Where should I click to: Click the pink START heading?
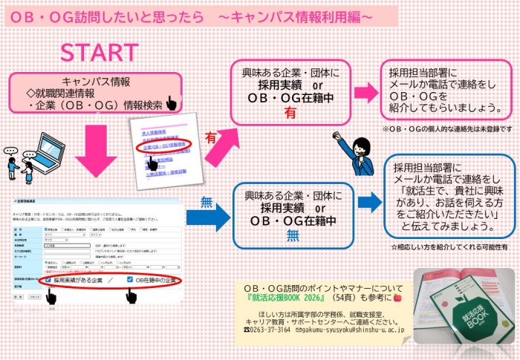point(99,53)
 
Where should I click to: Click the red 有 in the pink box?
point(291,114)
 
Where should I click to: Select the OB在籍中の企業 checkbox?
point(131,280)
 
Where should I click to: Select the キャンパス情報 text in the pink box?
point(97,81)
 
